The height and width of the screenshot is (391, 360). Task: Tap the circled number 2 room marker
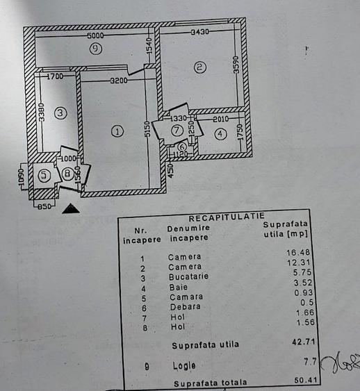199,67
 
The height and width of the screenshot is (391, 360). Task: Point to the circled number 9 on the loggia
96,48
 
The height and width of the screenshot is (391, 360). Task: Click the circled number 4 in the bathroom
220,134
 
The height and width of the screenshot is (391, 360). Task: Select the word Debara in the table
183,306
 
